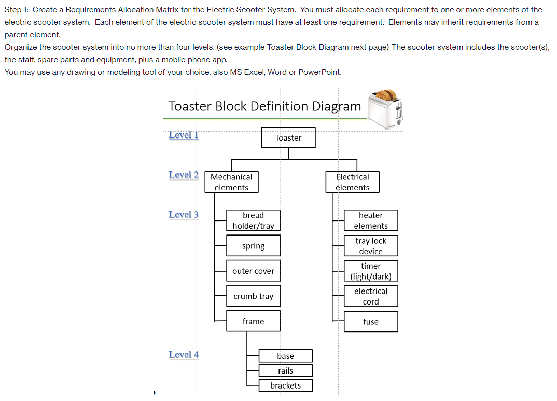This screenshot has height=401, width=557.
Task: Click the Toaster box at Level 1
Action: click(x=288, y=138)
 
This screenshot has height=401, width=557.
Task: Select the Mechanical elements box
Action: click(x=231, y=183)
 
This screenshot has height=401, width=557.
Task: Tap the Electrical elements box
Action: click(x=352, y=183)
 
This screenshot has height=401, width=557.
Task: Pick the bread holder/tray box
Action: click(x=253, y=220)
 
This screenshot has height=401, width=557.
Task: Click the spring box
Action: click(x=253, y=246)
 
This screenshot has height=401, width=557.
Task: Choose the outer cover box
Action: click(x=253, y=271)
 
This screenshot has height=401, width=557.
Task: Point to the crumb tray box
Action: click(x=253, y=296)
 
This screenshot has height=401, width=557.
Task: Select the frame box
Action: click(x=253, y=321)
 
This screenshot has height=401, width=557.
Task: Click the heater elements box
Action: click(x=371, y=220)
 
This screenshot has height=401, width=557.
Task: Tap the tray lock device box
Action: click(x=371, y=246)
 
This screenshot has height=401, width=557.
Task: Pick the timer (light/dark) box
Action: click(x=371, y=271)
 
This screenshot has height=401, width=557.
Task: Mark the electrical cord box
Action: click(x=371, y=296)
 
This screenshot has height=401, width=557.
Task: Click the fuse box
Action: click(x=371, y=322)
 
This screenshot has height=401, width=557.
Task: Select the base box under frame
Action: click(x=286, y=356)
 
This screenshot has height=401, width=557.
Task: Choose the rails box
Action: click(x=286, y=370)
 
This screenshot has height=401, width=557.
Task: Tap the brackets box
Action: click(x=286, y=385)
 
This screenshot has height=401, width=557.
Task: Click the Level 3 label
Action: click(x=184, y=215)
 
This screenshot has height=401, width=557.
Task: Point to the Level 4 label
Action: click(x=184, y=355)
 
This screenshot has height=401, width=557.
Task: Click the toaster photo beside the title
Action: click(x=385, y=109)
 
